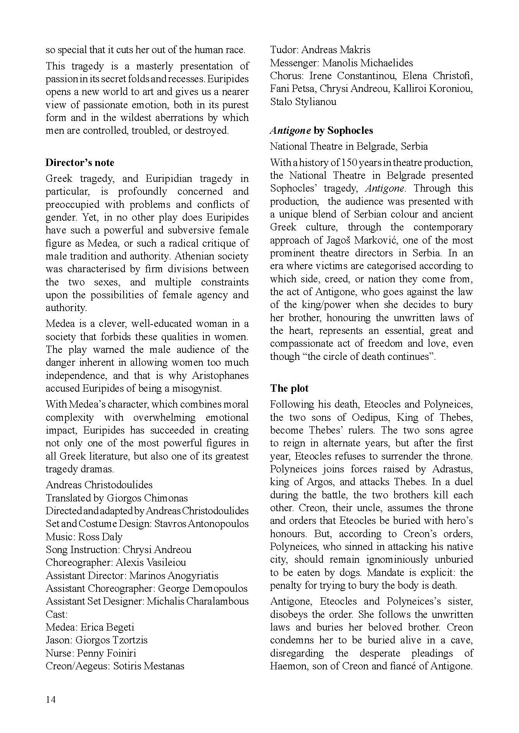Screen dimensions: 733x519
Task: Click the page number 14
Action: click(x=51, y=700)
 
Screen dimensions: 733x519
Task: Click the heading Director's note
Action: click(x=80, y=163)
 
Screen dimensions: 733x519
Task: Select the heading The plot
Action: click(x=289, y=388)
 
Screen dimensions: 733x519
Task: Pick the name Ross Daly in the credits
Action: click(x=100, y=537)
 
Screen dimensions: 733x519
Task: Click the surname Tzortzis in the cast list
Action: click(x=129, y=640)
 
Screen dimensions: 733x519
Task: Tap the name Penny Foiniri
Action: click(x=107, y=653)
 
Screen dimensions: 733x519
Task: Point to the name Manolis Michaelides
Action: click(x=368, y=63)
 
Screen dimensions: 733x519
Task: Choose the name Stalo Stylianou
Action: click(x=303, y=102)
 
